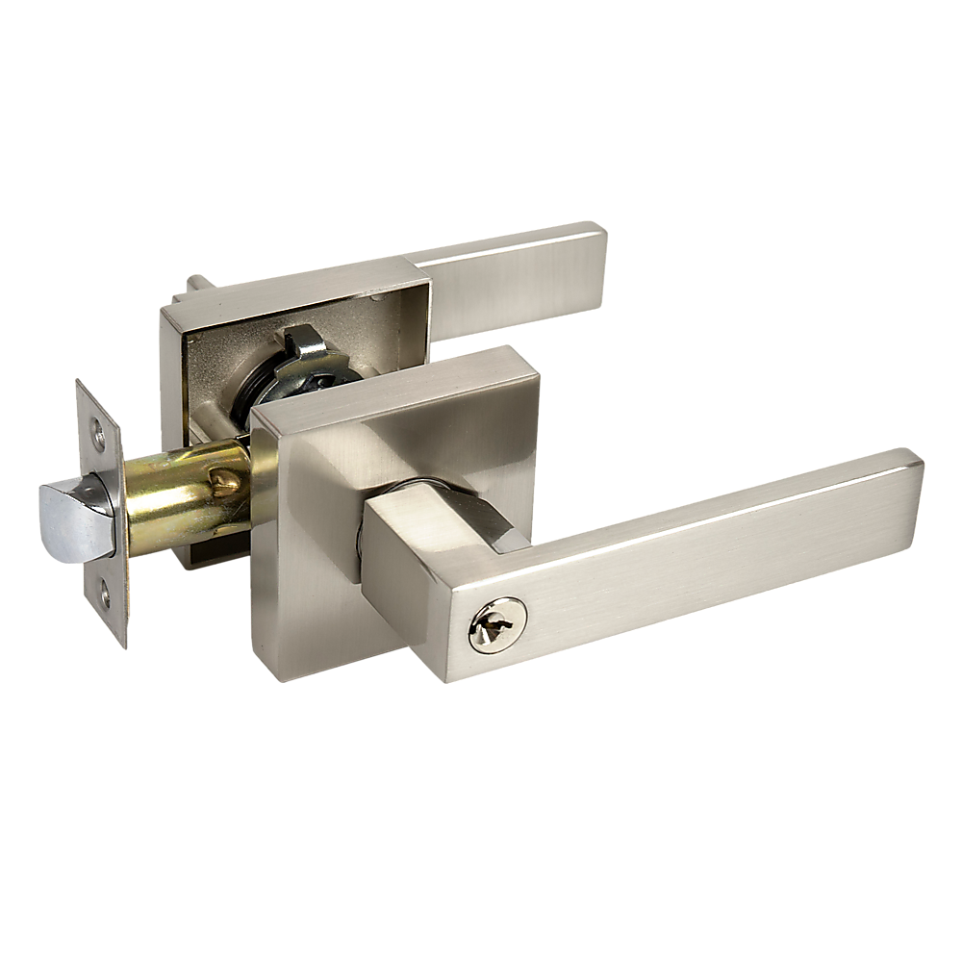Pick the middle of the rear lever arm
(x=510, y=279)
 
